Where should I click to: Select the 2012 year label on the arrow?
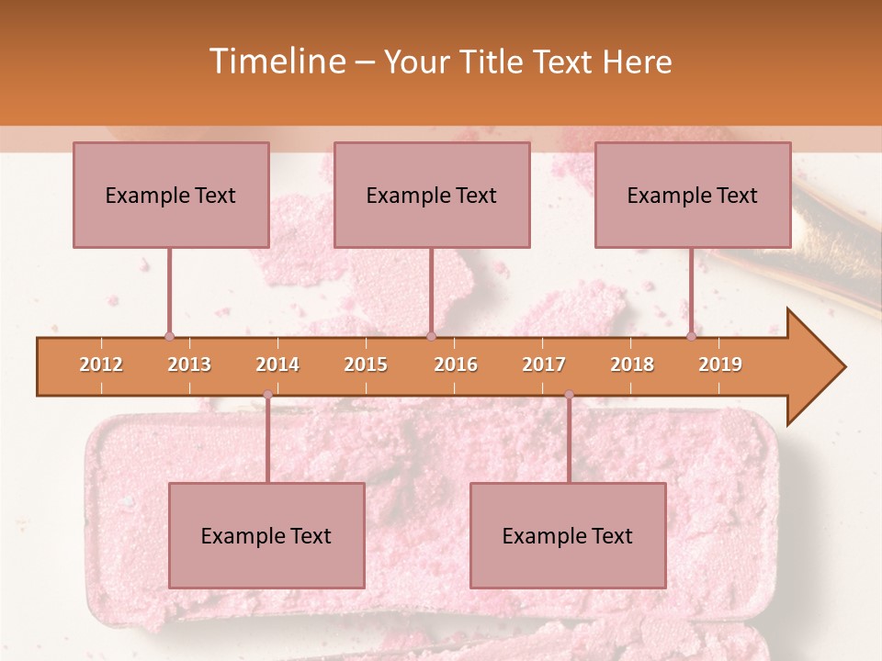coord(101,364)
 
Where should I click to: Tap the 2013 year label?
coord(189,364)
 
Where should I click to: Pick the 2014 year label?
coord(277,364)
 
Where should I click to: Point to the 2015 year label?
coord(366,364)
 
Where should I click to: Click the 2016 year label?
coord(456,364)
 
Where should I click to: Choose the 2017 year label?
coord(544,364)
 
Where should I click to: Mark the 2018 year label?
coord(632,364)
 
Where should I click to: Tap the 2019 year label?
coord(720,364)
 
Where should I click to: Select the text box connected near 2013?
coord(171,195)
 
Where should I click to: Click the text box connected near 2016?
coord(432,195)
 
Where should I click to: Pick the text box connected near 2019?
coord(693,195)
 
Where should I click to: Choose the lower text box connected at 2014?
coord(266,535)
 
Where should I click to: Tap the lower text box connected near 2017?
coord(568,535)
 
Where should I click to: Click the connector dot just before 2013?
coord(169,336)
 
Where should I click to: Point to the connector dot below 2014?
coord(267,395)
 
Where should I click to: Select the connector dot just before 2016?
coord(431,336)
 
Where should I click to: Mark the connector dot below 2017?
coord(569,395)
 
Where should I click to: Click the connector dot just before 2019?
coord(691,336)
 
